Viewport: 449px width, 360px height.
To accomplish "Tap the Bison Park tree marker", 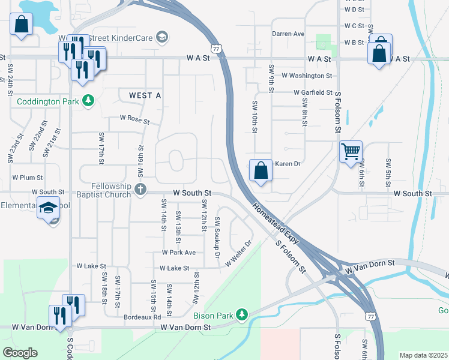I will (241, 314).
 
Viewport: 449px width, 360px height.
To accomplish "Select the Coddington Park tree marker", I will (89, 101).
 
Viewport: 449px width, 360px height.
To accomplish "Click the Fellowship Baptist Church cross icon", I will (140, 190).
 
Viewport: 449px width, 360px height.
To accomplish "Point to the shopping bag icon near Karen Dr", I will (261, 170).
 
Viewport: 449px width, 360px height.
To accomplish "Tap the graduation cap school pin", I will (48, 208).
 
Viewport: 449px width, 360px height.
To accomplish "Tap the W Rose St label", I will (134, 120).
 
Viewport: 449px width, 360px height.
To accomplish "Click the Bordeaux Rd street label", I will (142, 317).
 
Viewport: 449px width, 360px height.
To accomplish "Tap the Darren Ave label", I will (289, 34).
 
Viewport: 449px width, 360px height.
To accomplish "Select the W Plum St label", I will (28, 178).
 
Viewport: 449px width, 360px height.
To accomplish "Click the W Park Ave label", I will (179, 253).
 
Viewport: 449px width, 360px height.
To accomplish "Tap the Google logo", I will (20, 353).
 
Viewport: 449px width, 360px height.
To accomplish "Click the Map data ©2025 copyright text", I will (423, 355).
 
